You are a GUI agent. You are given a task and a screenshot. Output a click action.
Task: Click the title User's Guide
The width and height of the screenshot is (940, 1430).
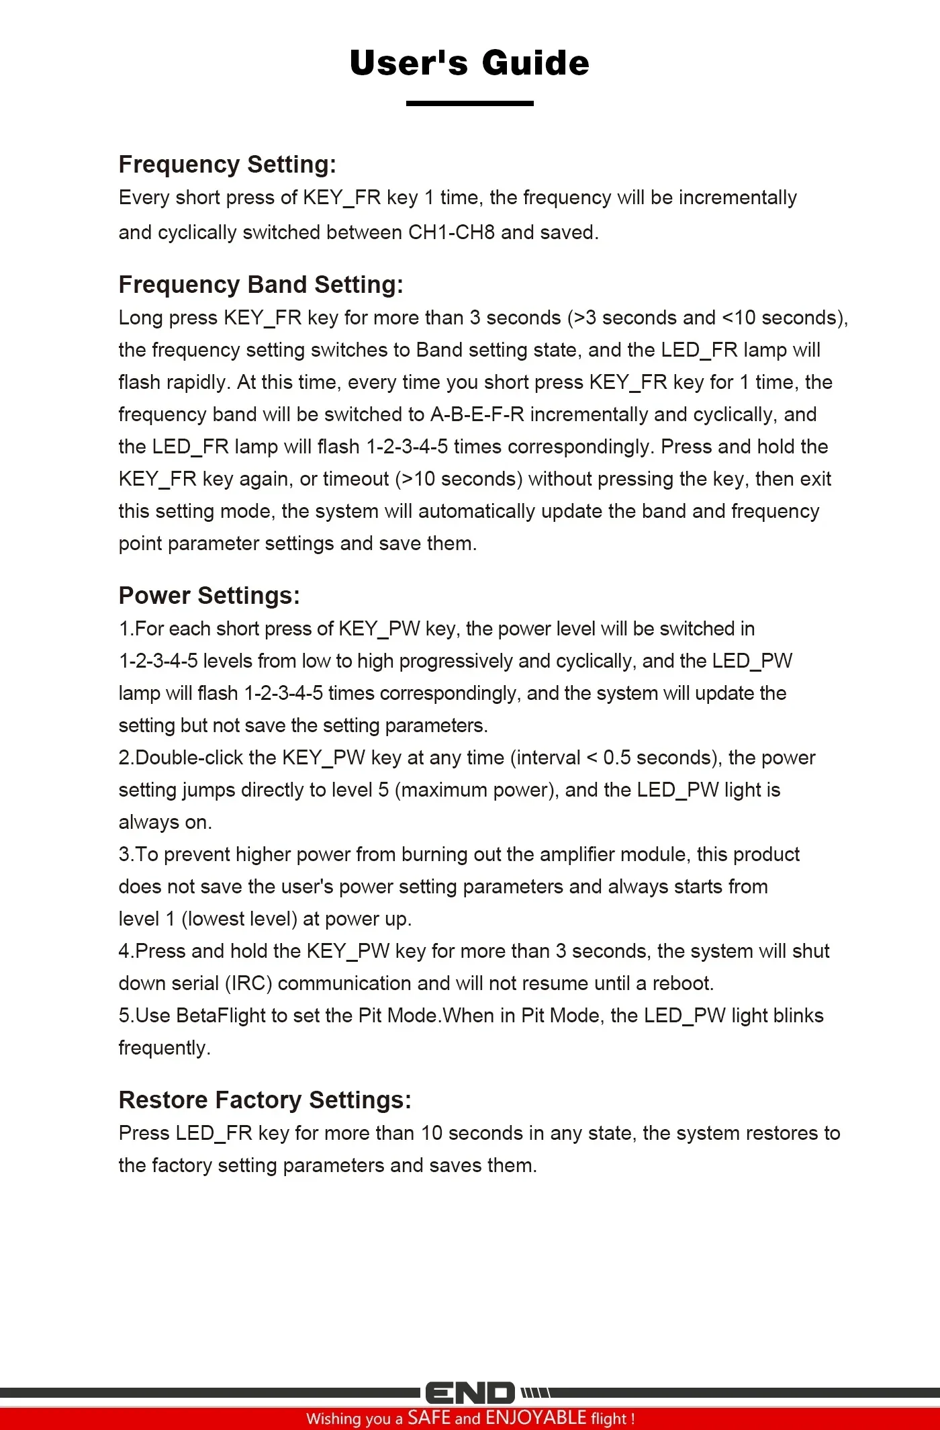tap(469, 63)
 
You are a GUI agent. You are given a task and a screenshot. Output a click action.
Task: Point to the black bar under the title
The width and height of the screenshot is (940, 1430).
tap(469, 103)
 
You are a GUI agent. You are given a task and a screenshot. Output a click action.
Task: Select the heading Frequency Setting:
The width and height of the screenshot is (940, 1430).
tap(227, 165)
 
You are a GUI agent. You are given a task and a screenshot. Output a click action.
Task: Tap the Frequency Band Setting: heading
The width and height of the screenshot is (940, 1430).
tap(261, 285)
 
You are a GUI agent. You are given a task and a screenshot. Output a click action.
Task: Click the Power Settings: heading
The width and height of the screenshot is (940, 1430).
tap(209, 596)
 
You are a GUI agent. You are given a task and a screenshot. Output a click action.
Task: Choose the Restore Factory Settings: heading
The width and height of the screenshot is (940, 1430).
tap(265, 1100)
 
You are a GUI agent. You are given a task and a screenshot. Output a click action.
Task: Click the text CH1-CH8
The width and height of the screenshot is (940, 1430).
tap(452, 232)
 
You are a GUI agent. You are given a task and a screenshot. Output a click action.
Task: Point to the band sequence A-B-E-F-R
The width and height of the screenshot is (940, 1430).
tap(477, 414)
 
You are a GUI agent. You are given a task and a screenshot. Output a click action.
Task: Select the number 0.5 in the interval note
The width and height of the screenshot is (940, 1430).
tap(616, 758)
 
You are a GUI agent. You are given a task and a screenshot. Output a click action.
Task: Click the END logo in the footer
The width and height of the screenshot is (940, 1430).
tap(470, 1393)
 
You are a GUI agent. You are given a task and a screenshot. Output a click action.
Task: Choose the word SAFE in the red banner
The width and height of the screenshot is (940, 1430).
tap(429, 1418)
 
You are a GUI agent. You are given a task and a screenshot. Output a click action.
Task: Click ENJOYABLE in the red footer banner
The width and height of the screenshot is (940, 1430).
tap(536, 1418)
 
